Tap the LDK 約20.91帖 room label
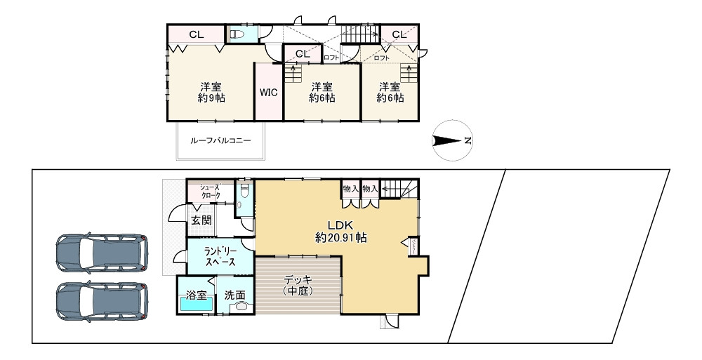pyautogui.click(x=340, y=232)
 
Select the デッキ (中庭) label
pyautogui.click(x=298, y=285)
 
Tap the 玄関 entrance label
pyautogui.click(x=201, y=220)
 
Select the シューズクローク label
pyautogui.click(x=210, y=191)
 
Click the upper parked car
pyautogui.click(x=102, y=251)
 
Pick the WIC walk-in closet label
pyautogui.click(x=268, y=93)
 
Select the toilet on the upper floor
pyautogui.click(x=236, y=34)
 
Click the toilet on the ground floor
pyautogui.click(x=244, y=190)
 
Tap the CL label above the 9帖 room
pyautogui.click(x=196, y=34)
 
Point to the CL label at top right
pyautogui.click(x=399, y=34)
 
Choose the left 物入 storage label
pyautogui.click(x=351, y=188)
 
